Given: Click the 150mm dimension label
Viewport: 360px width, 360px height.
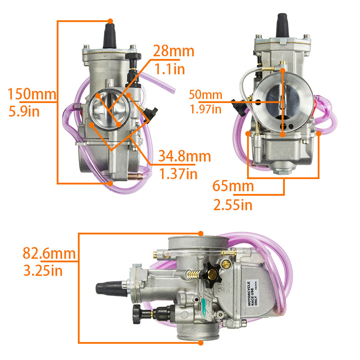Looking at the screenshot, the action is point(32,94).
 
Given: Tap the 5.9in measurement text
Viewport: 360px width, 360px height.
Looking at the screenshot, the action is point(24,111).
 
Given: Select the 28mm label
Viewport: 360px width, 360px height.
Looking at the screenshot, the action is point(174,51).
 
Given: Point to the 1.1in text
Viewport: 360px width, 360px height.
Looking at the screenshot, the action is point(170,69).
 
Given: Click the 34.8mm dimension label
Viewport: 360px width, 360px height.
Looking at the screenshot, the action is point(184,156).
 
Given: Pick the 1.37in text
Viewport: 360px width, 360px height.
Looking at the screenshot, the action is point(178,174).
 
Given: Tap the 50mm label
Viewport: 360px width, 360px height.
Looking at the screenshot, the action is point(206,94).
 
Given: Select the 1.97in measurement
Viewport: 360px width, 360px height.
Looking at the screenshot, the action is point(206,109).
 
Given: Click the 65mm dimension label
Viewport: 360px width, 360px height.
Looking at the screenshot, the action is point(233,186).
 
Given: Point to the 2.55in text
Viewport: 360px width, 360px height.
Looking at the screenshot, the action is point(233,205).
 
